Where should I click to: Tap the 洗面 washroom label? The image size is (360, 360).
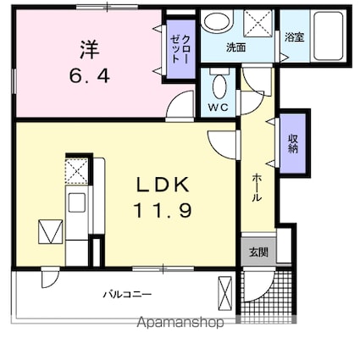click(x=236, y=47)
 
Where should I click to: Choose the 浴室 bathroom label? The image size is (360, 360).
click(x=294, y=38)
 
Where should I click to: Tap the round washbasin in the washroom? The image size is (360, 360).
click(x=219, y=23)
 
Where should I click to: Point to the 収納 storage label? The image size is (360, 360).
click(x=293, y=142)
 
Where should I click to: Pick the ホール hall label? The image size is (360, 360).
click(x=257, y=186)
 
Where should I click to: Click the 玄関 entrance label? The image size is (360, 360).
click(x=258, y=252)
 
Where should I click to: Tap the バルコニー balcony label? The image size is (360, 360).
click(x=128, y=294)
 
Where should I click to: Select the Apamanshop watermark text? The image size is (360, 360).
click(x=180, y=323)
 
